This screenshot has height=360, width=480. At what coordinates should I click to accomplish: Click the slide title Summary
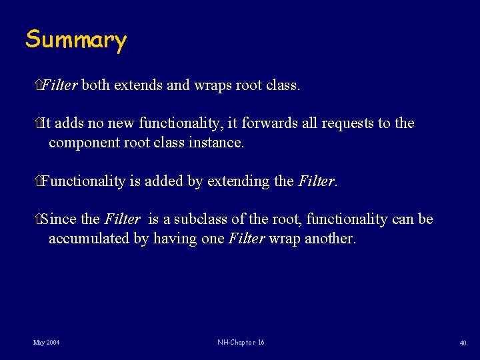pyautogui.click(x=75, y=40)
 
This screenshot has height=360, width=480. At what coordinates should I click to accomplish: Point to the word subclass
pyautogui.click(x=203, y=219)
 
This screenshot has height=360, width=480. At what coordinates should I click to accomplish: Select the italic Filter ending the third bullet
pyautogui.click(x=316, y=181)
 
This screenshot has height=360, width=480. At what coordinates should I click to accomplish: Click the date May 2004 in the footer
pyautogui.click(x=47, y=343)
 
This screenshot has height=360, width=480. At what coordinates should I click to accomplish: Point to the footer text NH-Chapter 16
pyautogui.click(x=241, y=343)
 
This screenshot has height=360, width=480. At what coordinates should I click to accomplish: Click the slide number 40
pyautogui.click(x=463, y=343)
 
